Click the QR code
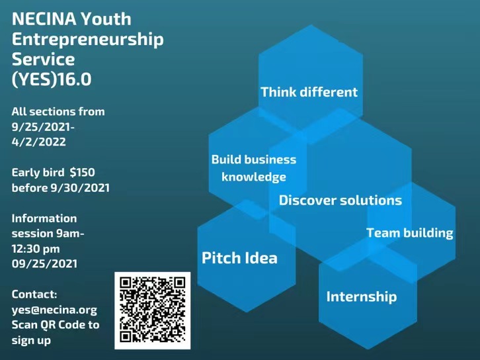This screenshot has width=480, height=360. [153, 310]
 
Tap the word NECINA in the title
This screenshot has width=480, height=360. [44, 19]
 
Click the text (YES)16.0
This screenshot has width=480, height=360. [52, 79]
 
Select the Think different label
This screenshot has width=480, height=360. [309, 92]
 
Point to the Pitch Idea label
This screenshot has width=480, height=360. [239, 258]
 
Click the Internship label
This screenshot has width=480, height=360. [362, 296]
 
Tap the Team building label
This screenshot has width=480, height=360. [410, 233]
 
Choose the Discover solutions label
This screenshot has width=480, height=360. [340, 201]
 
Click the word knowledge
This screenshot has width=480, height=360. [254, 177]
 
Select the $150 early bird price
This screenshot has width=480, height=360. [83, 172]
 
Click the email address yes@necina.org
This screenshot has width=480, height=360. [54, 310]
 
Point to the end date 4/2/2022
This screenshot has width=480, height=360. [38, 142]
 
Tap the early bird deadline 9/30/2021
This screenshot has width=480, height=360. [80, 188]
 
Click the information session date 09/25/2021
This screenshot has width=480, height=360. [44, 263]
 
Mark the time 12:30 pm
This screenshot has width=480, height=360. [36, 248]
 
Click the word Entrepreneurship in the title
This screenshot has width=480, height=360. [87, 40]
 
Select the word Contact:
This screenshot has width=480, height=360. [34, 294]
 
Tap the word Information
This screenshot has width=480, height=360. [44, 218]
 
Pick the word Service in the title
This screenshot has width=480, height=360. [43, 60]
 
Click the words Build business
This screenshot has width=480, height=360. [254, 159]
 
